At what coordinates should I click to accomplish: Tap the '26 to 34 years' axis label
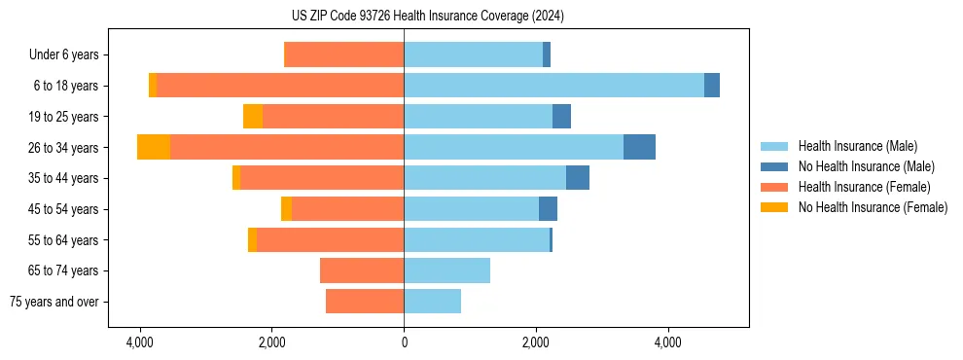(64, 148)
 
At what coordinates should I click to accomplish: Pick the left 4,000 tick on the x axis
(140, 342)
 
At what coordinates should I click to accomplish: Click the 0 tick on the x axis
(404, 342)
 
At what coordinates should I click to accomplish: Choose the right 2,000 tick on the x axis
(536, 342)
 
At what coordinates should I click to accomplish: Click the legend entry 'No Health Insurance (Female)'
(873, 207)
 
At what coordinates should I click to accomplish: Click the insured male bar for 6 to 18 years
(553, 86)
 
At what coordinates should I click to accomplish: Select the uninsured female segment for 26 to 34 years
(154, 147)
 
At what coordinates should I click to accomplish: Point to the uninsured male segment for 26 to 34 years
(639, 147)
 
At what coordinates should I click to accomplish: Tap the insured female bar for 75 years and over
(365, 302)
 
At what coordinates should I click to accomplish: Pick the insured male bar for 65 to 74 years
(446, 270)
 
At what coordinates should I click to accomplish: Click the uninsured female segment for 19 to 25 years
(253, 117)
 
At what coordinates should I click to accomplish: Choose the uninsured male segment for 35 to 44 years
(578, 178)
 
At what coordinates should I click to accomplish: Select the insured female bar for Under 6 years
(343, 55)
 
